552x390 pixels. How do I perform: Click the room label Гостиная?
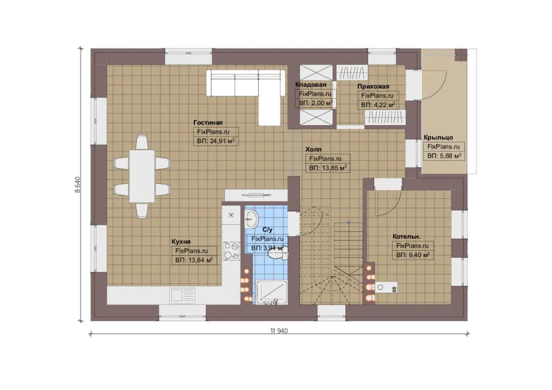click(208, 123)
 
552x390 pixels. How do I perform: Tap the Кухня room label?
click(181, 242)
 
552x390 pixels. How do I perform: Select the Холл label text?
click(313, 150)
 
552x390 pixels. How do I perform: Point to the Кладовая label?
click(310, 85)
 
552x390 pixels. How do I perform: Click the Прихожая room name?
click(373, 86)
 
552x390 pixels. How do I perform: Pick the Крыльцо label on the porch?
click(439, 137)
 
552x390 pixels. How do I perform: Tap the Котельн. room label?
click(407, 237)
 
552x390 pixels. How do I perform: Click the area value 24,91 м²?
click(220, 142)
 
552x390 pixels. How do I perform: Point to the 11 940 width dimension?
click(279, 331)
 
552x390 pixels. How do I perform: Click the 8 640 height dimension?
click(77, 185)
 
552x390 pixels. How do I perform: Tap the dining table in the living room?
click(142, 177)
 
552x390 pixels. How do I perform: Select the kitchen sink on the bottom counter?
click(182, 296)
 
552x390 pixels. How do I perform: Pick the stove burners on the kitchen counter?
click(231, 250)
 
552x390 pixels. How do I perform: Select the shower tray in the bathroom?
click(272, 292)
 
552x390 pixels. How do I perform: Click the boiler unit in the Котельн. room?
click(386, 288)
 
